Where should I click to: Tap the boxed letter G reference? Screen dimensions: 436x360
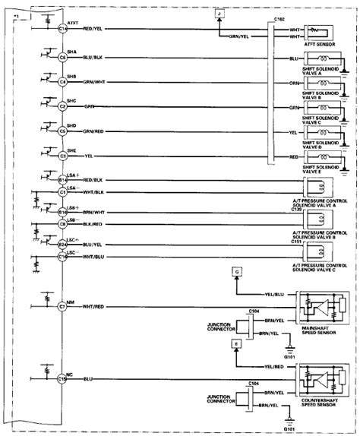pyautogui.click(x=237, y=270)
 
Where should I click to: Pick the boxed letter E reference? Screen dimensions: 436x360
pyautogui.click(x=237, y=344)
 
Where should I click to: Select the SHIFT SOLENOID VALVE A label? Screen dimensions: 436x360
pyautogui.click(x=325, y=71)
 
